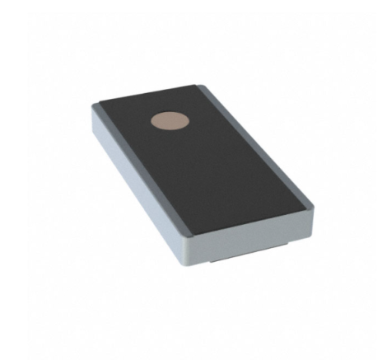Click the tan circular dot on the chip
click(x=170, y=121)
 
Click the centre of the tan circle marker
click(x=170, y=121)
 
